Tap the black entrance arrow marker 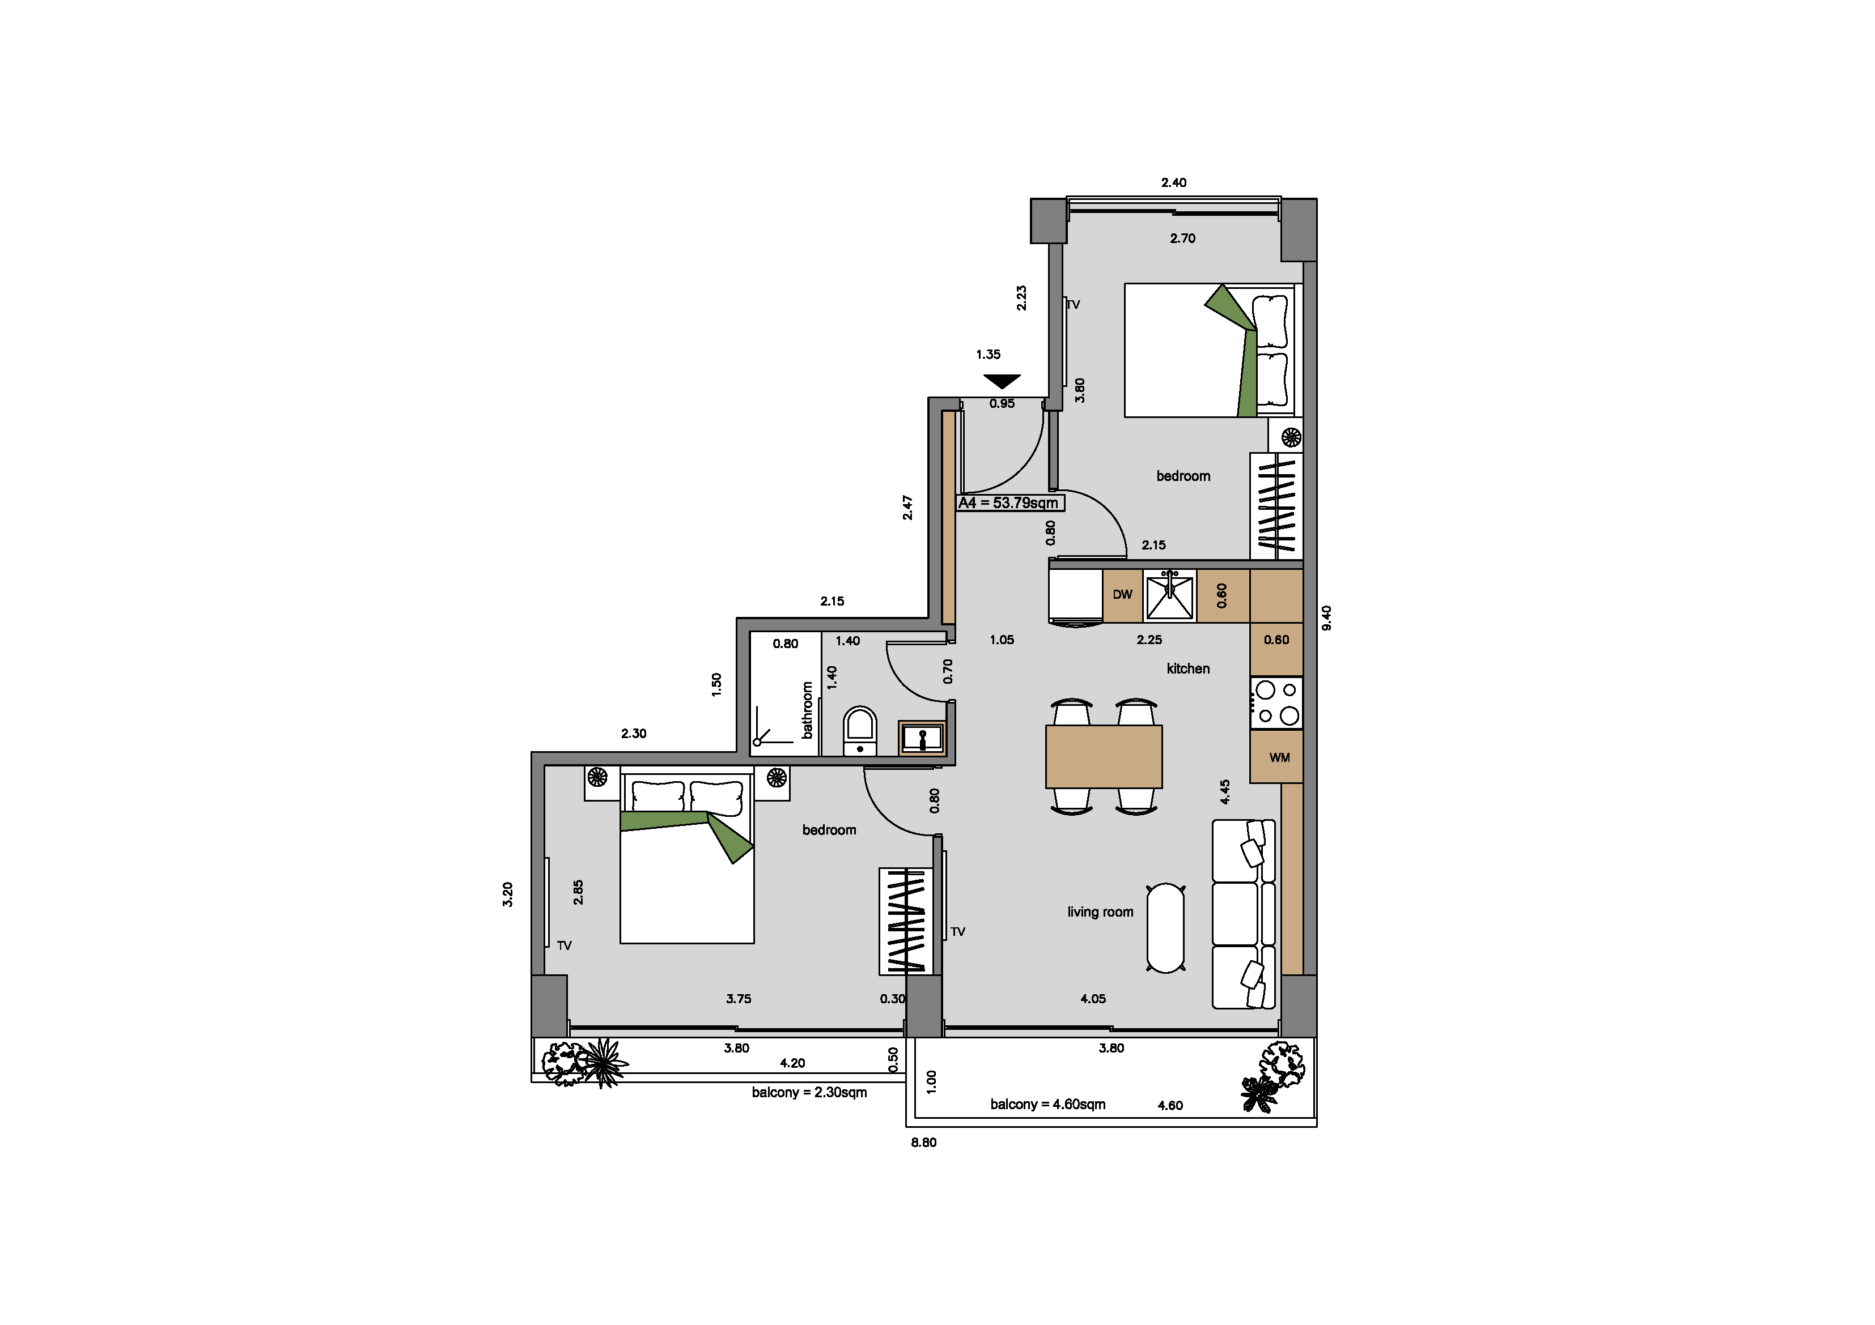[x=1002, y=381]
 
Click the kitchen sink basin [x=1169, y=596]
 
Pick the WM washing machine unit [x=1276, y=757]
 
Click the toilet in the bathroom [x=860, y=731]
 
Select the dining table [x=1103, y=757]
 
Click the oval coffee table [x=1165, y=928]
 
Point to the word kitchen [x=1188, y=668]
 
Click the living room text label [x=1100, y=912]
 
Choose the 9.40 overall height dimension [x=1327, y=617]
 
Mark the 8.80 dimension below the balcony [x=924, y=1142]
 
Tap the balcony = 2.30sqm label [x=809, y=1092]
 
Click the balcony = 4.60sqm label [x=1048, y=1105]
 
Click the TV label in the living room [x=958, y=931]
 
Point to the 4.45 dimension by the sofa [x=1225, y=792]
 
